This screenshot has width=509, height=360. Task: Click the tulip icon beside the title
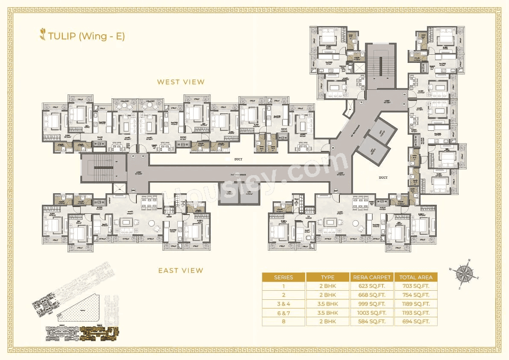[x=42, y=35]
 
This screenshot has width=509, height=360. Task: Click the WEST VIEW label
[x=181, y=82]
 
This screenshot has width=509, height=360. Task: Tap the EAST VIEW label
[x=181, y=270]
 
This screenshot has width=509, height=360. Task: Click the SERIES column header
[x=284, y=277]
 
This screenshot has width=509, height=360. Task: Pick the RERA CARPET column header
[x=372, y=277]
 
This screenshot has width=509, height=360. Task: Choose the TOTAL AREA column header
[x=416, y=277]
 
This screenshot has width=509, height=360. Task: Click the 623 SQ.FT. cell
[x=372, y=286]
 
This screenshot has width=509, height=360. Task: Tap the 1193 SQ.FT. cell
[x=416, y=313]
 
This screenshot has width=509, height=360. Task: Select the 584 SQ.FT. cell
[x=372, y=322]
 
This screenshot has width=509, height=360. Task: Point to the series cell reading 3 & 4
[x=284, y=304]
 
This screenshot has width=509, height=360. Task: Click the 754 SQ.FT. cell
[x=416, y=295]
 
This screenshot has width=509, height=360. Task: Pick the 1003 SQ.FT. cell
[x=372, y=313]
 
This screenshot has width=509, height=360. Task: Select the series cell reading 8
[x=284, y=322]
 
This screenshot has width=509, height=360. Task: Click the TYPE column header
[x=328, y=277]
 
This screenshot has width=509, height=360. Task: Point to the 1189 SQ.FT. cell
[x=416, y=304]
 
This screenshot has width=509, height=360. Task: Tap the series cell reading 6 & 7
[x=284, y=313]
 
